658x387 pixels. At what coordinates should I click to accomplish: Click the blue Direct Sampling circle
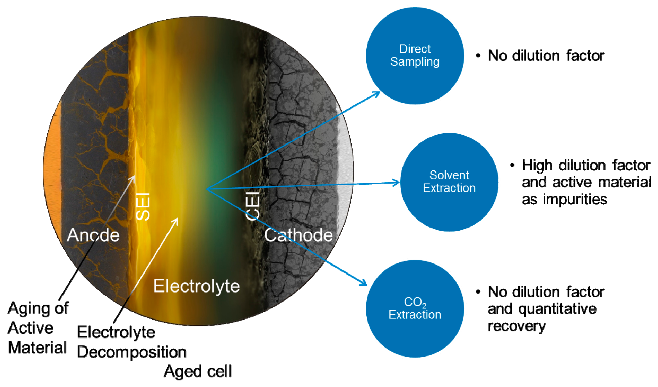415,56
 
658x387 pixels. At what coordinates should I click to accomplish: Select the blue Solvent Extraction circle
449,182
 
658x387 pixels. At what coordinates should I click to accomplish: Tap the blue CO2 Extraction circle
415,309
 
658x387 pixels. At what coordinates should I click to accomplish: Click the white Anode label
93,235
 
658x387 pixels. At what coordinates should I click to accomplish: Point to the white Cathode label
298,235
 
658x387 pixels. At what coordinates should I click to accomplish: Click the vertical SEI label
143,207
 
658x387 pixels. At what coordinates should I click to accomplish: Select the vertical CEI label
252,206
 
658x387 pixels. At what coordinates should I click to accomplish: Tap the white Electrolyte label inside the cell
196,286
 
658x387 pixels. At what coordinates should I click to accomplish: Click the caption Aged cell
198,371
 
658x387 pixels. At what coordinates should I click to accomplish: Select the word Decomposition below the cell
131,352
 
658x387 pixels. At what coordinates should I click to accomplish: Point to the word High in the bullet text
537,166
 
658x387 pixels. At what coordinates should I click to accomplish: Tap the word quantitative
557,309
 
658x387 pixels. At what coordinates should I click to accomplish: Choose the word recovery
517,326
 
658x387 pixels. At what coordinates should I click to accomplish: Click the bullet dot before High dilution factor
512,165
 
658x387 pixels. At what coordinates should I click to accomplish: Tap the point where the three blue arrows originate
207,189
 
